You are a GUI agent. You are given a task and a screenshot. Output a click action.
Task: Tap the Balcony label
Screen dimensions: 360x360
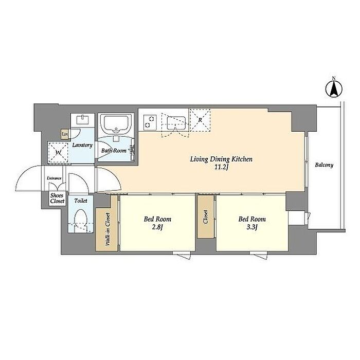pos(324,165)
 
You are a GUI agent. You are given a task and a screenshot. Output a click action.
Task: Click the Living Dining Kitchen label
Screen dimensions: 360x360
pos(221,159)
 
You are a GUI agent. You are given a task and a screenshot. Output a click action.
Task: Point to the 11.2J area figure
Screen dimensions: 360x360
pos(221,167)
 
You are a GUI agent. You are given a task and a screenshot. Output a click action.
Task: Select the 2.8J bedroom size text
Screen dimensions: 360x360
pos(157,227)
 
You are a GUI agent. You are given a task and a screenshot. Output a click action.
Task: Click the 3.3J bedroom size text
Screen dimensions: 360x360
pos(252,227)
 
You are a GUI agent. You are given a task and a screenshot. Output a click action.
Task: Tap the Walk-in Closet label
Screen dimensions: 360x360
pos(107,229)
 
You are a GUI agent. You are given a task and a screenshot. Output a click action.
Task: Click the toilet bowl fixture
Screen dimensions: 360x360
pos(81,219)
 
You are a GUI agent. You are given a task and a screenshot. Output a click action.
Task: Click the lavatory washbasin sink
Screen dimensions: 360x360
pos(82,120)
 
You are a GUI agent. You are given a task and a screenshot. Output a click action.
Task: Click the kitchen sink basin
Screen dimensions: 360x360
pos(176,123)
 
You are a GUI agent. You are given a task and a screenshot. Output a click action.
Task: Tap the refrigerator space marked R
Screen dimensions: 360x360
pos(200,120)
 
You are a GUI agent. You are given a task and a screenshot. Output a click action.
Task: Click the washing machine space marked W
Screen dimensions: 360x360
pos(58,152)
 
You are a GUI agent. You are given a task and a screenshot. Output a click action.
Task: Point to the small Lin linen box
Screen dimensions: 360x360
pos(64,134)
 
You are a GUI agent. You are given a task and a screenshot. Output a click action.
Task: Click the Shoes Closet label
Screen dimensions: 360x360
pos(58,199)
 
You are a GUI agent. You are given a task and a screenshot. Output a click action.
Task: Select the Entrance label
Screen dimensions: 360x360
pos(54,178)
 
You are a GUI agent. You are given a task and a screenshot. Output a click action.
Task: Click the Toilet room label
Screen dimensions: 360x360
pos(81,201)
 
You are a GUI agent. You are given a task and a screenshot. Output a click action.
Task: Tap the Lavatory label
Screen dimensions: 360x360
pos(82,145)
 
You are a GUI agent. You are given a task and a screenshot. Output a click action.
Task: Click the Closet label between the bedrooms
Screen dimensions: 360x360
pos(206,217)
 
